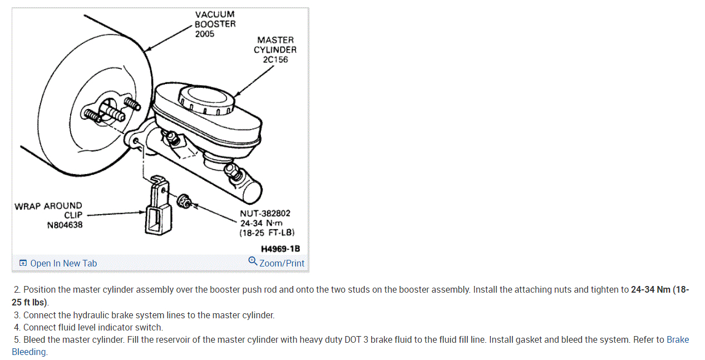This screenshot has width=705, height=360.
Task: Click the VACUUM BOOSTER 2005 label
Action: [x=215, y=24]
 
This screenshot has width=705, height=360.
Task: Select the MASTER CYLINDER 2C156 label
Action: [x=275, y=50]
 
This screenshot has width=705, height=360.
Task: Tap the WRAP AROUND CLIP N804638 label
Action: [x=48, y=215]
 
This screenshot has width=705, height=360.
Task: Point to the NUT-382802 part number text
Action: [x=265, y=213]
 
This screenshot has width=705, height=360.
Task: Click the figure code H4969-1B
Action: [x=284, y=249]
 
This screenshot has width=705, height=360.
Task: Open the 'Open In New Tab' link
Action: [x=63, y=263]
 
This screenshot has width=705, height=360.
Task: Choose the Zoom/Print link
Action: [x=282, y=263]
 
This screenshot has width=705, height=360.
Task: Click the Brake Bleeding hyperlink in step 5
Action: [x=677, y=340]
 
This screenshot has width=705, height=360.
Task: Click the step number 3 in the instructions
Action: [x=17, y=315]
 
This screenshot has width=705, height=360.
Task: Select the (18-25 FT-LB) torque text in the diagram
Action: [x=267, y=233]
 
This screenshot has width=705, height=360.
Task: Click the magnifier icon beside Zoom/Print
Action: [x=253, y=262]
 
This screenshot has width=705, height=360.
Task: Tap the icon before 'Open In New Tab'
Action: [x=23, y=263]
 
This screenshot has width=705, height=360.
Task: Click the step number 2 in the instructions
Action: [x=17, y=290]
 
